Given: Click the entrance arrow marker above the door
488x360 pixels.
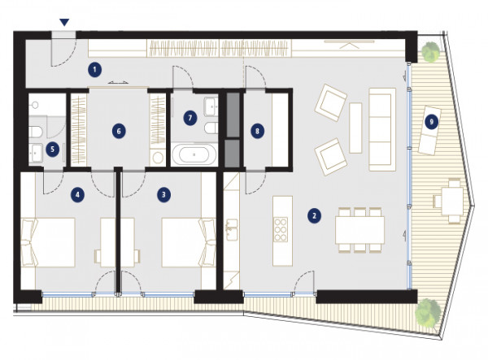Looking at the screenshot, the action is [64, 22].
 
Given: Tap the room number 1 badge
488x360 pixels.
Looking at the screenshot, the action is [94, 70].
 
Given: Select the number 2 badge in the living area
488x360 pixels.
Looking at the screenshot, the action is [314, 215].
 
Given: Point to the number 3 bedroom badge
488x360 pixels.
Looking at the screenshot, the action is [163, 195].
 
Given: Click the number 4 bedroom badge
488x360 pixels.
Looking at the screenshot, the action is [77, 195].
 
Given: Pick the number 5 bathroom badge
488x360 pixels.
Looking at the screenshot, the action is [52, 150].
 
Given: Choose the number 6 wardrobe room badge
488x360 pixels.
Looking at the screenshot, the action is [119, 132].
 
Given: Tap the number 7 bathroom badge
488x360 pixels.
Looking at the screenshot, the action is [190, 118].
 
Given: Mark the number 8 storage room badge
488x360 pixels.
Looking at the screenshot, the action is [257, 132].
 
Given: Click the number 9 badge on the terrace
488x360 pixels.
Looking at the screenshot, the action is [431, 122].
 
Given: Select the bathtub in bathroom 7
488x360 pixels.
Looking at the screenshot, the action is [194, 154].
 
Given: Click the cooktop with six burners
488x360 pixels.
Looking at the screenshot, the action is [281, 230].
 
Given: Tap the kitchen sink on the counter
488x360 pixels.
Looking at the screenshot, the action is [232, 229].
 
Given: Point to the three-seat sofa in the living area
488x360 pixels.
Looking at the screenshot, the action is [382, 129].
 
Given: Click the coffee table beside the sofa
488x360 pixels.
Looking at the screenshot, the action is [355, 128].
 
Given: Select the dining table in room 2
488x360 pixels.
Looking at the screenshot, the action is [359, 230].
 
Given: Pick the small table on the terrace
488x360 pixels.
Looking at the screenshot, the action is [452, 201].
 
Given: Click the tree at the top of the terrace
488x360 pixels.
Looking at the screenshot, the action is [431, 51].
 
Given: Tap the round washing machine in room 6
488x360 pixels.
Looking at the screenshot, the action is [158, 158].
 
